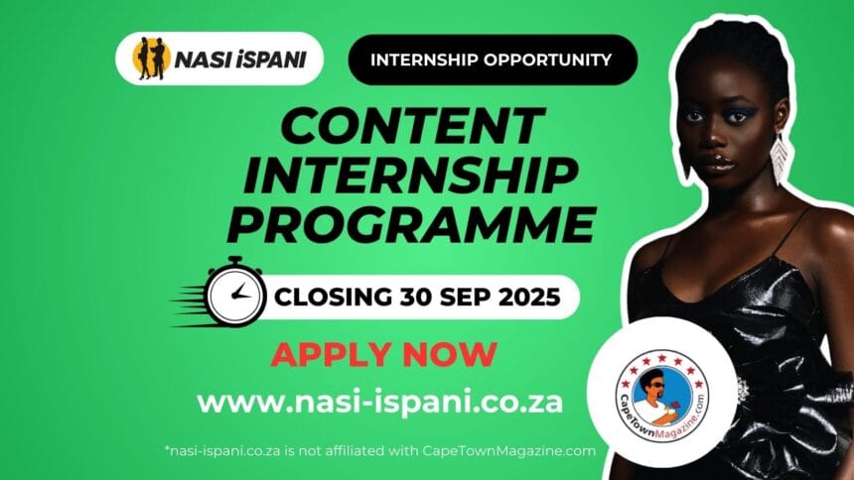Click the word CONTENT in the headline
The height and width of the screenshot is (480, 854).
(413, 126)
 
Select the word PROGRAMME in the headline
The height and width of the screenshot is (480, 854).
(411, 225)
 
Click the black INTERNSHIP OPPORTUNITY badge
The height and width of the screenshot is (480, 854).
(493, 60)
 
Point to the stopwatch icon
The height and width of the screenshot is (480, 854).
(235, 293)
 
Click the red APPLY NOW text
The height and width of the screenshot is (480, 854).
(383, 354)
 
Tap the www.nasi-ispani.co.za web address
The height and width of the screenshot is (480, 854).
(379, 403)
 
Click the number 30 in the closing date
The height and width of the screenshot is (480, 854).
(416, 298)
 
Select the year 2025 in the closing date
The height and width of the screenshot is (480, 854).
(529, 298)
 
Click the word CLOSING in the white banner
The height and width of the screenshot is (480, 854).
(333, 298)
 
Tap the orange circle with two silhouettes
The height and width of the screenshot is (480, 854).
(151, 59)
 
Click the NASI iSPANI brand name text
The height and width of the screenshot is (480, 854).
(240, 60)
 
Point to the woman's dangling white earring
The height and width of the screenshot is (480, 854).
(780, 159)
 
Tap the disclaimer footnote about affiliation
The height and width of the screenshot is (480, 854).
(380, 451)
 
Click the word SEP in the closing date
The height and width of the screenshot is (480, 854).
(466, 298)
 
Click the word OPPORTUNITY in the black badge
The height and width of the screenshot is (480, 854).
(547, 60)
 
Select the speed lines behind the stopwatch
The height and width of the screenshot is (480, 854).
(189, 306)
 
